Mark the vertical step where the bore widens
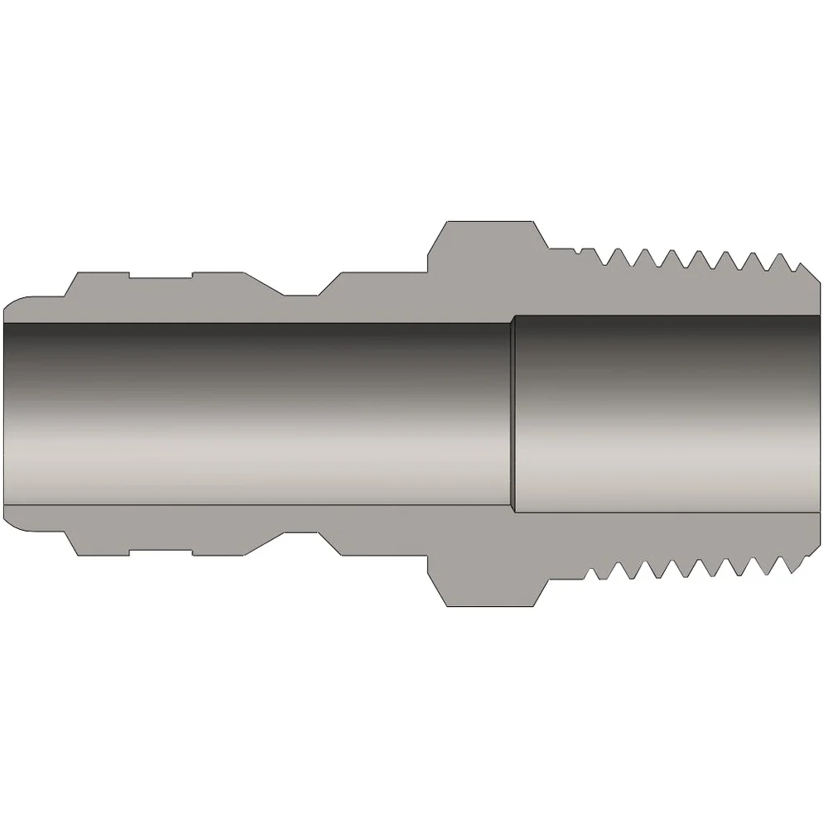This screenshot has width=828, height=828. [512, 414]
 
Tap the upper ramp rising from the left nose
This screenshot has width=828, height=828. [70, 285]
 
